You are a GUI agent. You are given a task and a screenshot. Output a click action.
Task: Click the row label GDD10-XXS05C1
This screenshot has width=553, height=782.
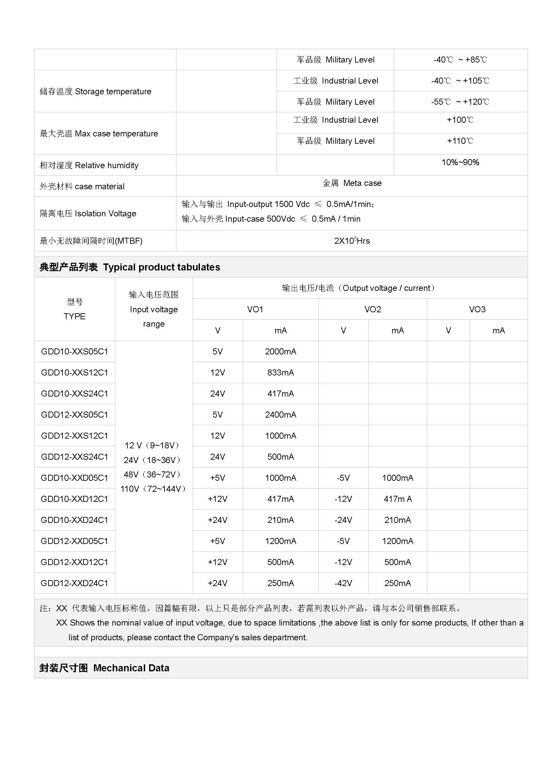[74, 351]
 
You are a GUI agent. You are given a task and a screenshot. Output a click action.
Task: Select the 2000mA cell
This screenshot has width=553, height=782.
[280, 351]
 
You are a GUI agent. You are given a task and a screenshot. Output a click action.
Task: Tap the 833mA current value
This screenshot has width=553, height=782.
[280, 372]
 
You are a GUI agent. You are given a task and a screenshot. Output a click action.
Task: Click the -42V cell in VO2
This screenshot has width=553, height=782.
[343, 583]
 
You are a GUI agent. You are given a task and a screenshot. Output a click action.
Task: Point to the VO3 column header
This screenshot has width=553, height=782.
[477, 309]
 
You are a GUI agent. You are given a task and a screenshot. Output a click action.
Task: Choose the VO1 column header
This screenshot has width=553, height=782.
[255, 309]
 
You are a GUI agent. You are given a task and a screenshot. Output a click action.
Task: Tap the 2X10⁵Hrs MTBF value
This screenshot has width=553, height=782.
[352, 241]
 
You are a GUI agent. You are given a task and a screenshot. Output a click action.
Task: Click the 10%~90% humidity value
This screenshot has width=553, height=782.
[460, 162]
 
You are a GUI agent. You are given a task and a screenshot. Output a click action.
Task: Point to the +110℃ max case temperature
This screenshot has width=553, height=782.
[460, 141]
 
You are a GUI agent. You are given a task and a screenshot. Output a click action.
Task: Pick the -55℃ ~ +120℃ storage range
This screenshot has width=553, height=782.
[460, 102]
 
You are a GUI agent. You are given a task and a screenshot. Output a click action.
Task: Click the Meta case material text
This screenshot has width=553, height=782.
[352, 183]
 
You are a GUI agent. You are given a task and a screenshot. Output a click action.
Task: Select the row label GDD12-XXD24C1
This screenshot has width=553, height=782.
[74, 583]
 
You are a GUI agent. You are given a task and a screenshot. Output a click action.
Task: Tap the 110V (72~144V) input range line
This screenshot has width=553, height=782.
[153, 489]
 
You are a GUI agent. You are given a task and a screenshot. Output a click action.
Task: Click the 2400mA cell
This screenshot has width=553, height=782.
[280, 415]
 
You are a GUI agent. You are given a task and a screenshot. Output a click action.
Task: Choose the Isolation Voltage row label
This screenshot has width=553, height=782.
[88, 214]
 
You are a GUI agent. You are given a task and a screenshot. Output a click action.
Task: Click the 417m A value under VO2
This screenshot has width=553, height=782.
[398, 499]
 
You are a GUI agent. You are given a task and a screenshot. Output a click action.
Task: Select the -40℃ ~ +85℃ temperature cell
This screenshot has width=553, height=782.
[460, 60]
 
